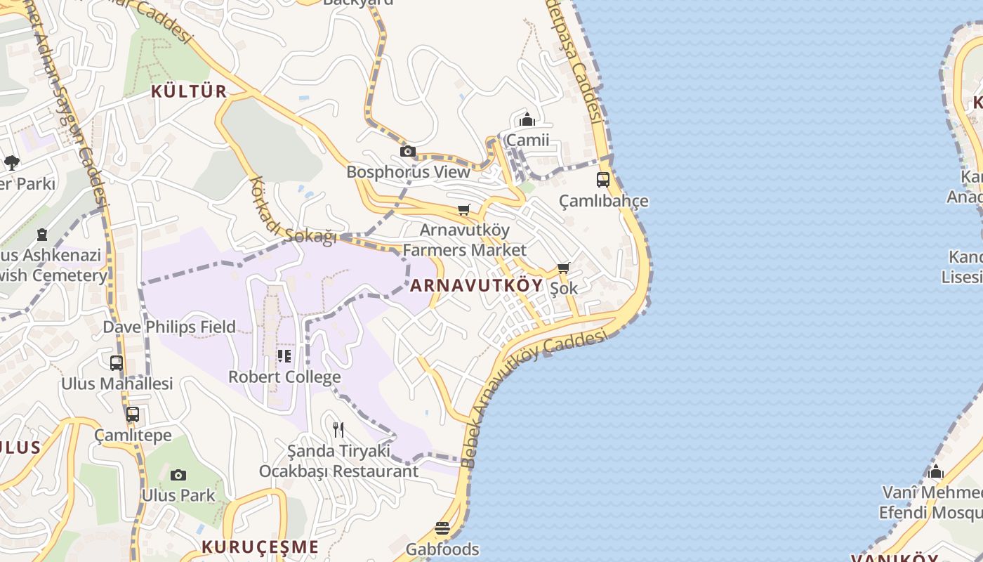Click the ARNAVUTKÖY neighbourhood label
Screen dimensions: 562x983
click(x=476, y=285)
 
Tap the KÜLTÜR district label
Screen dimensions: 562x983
click(x=189, y=91)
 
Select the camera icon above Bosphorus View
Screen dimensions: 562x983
click(x=407, y=151)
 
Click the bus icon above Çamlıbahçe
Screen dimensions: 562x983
click(x=603, y=180)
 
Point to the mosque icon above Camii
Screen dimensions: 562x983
click(x=527, y=119)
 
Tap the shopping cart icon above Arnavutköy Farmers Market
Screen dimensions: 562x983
click(x=463, y=209)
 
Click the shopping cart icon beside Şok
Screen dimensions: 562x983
click(x=563, y=268)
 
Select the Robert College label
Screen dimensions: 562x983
click(x=284, y=377)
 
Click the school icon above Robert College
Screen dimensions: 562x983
click(x=284, y=356)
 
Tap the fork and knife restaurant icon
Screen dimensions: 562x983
click(x=338, y=429)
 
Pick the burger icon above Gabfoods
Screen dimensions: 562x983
click(x=442, y=528)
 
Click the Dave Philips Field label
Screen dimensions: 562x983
click(x=169, y=327)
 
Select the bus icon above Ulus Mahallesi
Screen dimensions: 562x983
click(x=117, y=363)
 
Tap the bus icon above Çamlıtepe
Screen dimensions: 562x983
click(x=133, y=414)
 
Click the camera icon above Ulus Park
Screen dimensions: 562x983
click(x=178, y=475)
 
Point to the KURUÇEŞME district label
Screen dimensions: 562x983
click(x=260, y=547)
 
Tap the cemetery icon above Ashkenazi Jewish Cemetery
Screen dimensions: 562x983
click(x=42, y=234)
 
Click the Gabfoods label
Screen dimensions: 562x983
click(x=442, y=549)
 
